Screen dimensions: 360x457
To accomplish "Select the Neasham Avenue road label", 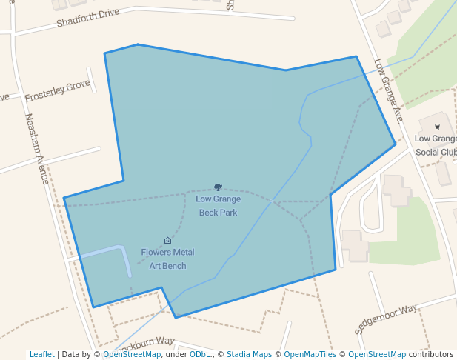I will point(36,149).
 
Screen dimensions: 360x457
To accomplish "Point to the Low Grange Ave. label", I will point(388,90).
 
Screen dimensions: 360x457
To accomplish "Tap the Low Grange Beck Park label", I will point(218,205).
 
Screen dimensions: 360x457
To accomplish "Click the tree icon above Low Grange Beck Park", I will point(218,187).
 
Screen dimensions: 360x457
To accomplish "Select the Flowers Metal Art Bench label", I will point(167,259).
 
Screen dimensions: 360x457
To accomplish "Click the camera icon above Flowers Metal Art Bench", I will point(167,241).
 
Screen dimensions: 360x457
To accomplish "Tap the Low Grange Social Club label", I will point(436,145).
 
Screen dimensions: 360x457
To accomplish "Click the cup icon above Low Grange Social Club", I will point(437,127).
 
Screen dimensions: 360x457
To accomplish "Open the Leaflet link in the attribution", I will point(41,354).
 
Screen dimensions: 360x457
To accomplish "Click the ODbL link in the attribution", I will point(199,354).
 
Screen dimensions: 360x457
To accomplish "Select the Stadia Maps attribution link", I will point(249,354).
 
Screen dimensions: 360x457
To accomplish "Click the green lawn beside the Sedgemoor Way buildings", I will point(412,237).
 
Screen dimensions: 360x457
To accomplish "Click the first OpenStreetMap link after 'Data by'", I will point(132,354).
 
